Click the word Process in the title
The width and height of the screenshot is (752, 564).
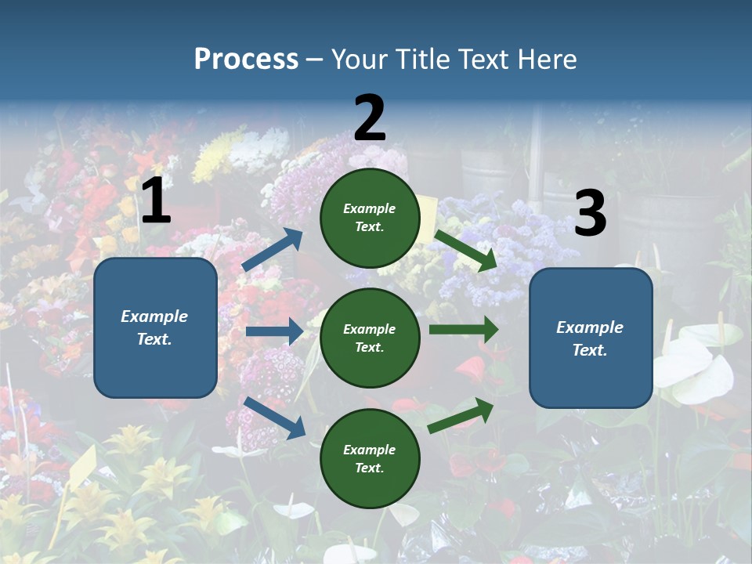point(246,60)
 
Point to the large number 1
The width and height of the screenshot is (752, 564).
point(156,201)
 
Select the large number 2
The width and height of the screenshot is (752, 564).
point(370,118)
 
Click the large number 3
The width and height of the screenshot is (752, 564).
point(590,214)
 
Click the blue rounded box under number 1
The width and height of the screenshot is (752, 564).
point(155,327)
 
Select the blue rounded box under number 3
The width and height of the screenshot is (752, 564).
point(591,338)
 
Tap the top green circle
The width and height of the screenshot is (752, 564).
point(370,217)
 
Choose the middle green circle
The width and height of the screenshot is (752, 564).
point(370,338)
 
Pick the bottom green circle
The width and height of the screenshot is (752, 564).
point(370,458)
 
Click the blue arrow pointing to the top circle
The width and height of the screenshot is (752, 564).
point(273,249)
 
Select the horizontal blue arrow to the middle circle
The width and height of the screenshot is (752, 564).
point(273,331)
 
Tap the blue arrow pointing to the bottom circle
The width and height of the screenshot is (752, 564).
point(274,418)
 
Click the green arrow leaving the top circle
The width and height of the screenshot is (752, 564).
point(465,250)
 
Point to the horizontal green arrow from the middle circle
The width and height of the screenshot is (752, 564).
point(463,330)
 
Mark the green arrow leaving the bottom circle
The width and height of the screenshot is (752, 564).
point(461,415)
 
